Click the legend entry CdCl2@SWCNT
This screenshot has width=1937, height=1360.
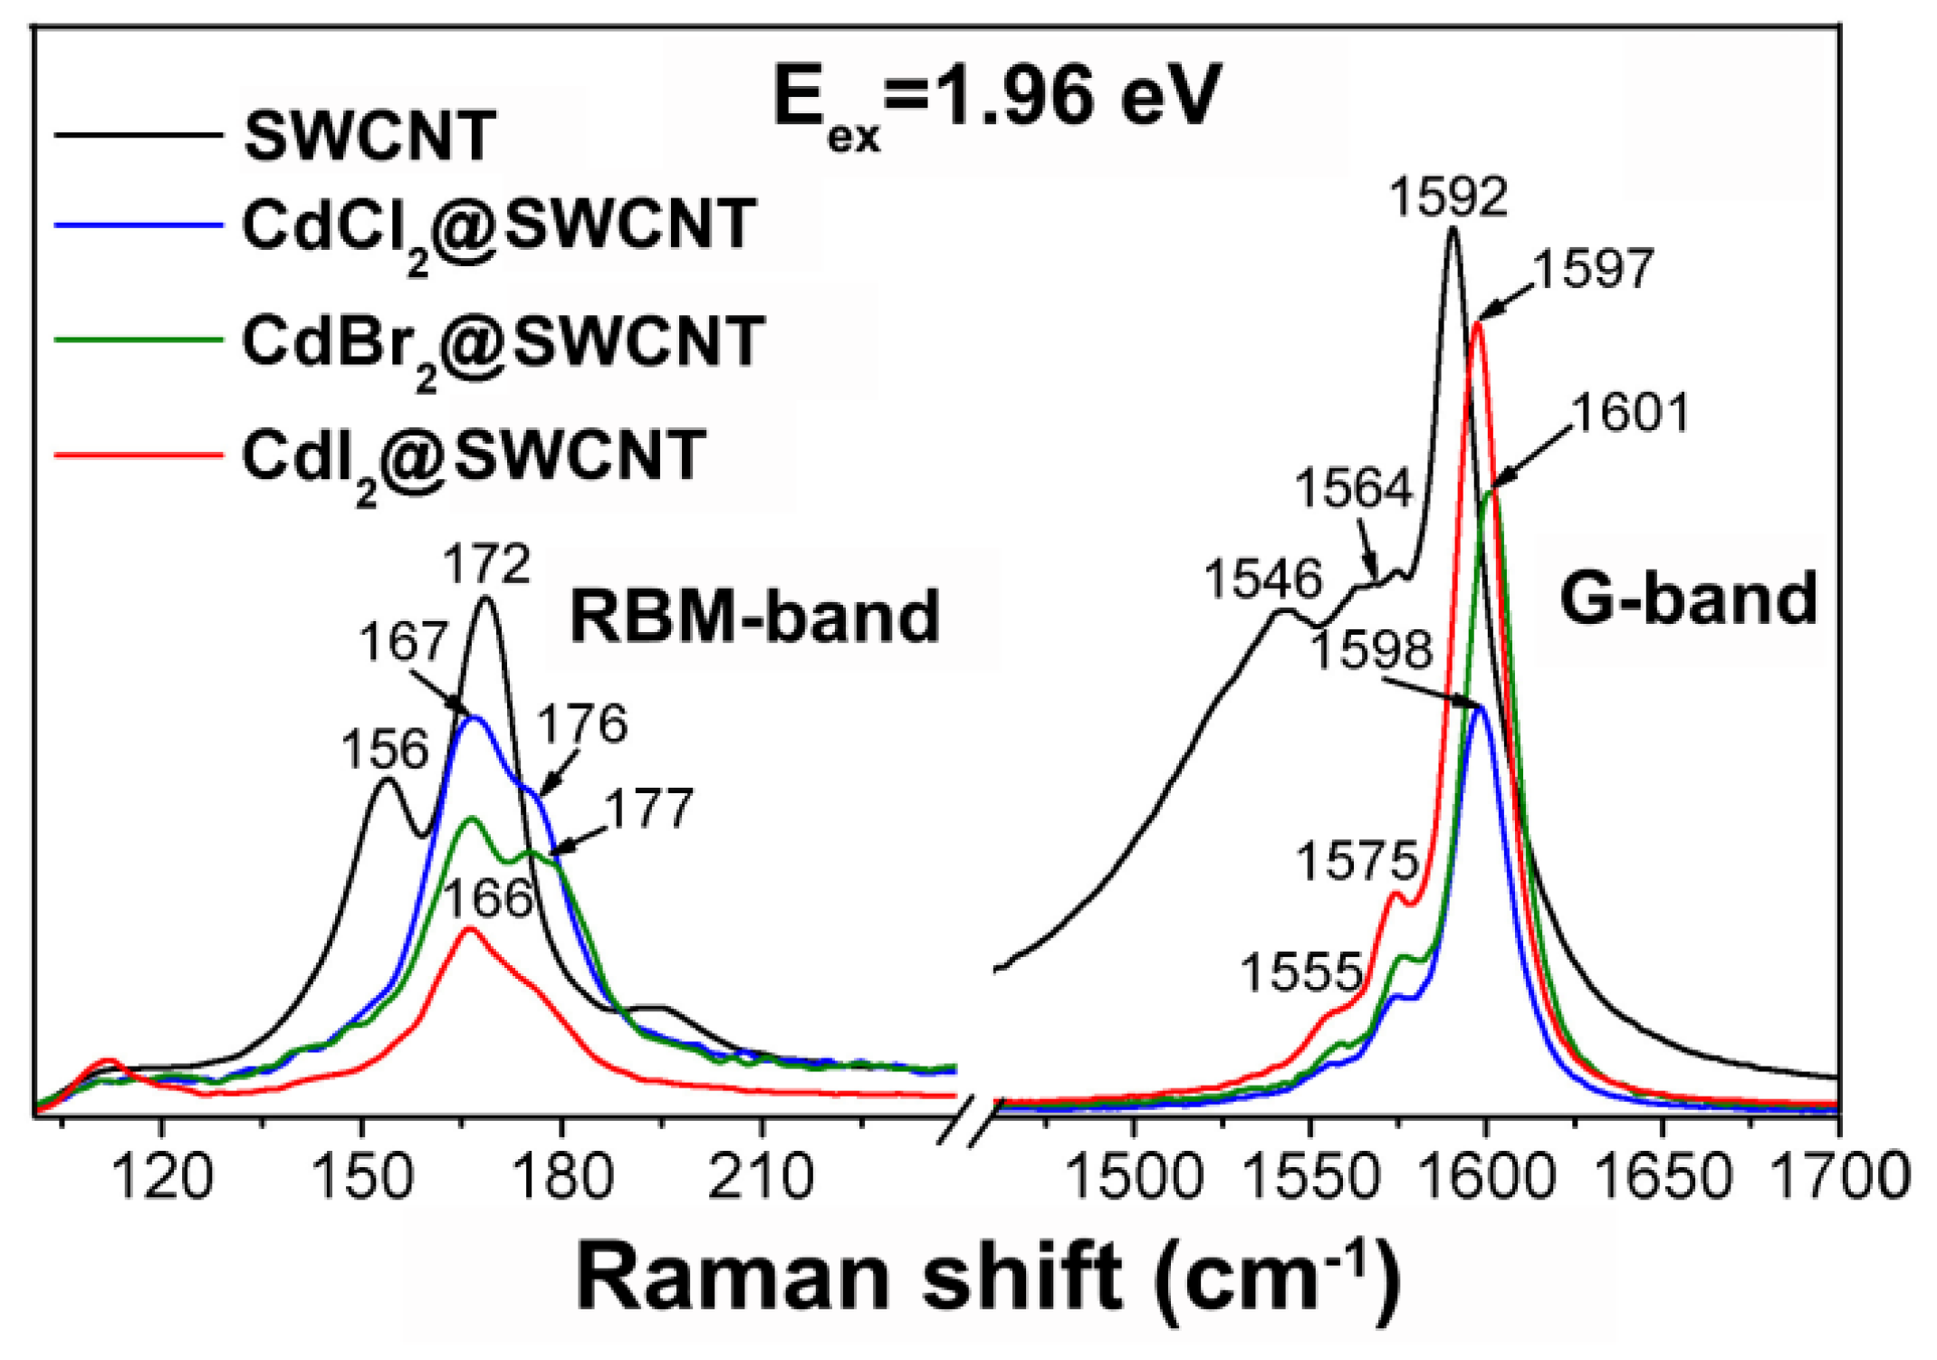[x=498, y=225]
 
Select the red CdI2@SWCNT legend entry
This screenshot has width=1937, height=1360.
[x=473, y=455]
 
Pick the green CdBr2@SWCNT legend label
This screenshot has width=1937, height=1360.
[x=503, y=342]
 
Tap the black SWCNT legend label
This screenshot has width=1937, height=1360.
[x=369, y=137]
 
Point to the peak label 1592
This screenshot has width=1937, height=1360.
[x=1449, y=196]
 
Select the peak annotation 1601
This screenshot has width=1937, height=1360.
[x=1630, y=414]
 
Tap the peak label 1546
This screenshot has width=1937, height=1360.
[x=1263, y=579]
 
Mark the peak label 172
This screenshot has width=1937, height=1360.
[x=486, y=564]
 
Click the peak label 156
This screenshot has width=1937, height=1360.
[x=384, y=750]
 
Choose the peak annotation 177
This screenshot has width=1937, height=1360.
[x=649, y=809]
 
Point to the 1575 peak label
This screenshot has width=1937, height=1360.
[x=1357, y=860]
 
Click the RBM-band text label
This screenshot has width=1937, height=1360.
[x=754, y=617]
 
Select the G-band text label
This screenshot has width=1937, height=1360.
[x=1688, y=599]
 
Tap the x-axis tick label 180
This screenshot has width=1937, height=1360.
[x=562, y=1177]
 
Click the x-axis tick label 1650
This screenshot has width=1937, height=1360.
[x=1662, y=1177]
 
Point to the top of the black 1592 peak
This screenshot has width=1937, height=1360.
[x=1453, y=228]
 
